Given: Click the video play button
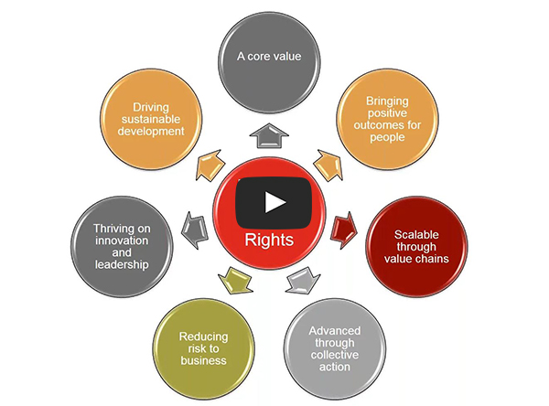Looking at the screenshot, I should (274, 201).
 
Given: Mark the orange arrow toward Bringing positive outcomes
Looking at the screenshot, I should (328, 163).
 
